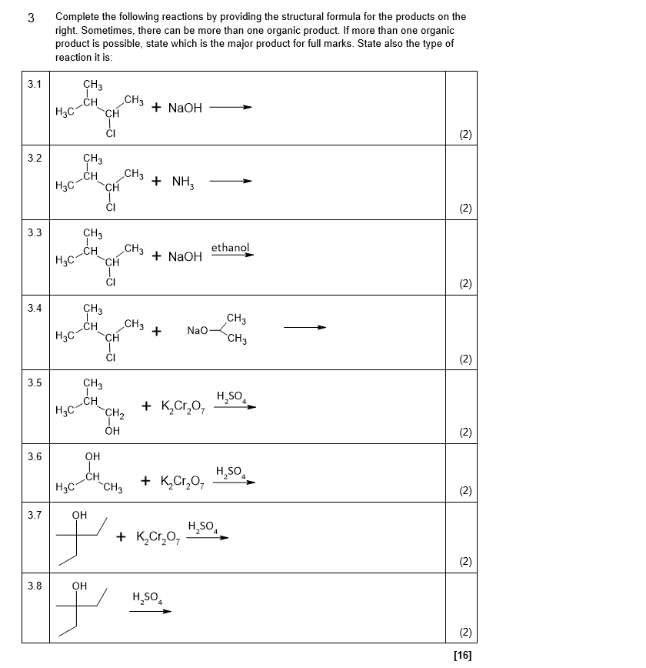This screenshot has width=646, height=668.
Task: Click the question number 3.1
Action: pyautogui.click(x=34, y=84)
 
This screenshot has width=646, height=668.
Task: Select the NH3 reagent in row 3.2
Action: pyautogui.click(x=183, y=182)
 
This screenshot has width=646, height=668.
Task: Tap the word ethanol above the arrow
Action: pyautogui.click(x=230, y=248)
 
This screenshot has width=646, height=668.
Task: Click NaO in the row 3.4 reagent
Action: pyautogui.click(x=198, y=331)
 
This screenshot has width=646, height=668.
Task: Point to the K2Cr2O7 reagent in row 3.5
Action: pyautogui.click(x=183, y=406)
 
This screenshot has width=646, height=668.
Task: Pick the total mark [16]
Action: pyautogui.click(x=463, y=655)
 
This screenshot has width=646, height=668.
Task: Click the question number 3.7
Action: pyautogui.click(x=34, y=515)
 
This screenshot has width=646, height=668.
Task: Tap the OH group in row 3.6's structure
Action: pyautogui.click(x=92, y=456)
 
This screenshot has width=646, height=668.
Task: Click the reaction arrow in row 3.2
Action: pyautogui.click(x=231, y=182)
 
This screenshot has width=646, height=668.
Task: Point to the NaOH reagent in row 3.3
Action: pyautogui.click(x=185, y=257)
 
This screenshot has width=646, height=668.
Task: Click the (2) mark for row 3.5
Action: pyautogui.click(x=465, y=432)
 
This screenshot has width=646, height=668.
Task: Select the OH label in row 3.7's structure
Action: pyautogui.click(x=79, y=515)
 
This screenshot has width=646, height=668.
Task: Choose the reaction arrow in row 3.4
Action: pyautogui.click(x=305, y=327)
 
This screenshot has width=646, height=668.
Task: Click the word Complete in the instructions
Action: pyautogui.click(x=78, y=16)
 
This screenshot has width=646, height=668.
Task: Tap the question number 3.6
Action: pyautogui.click(x=34, y=456)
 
